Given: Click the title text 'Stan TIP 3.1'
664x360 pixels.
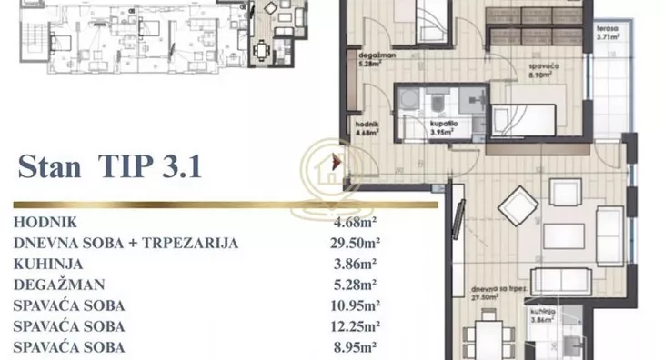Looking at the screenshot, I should point(108,167).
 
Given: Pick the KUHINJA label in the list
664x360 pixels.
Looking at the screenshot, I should point(45,264).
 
